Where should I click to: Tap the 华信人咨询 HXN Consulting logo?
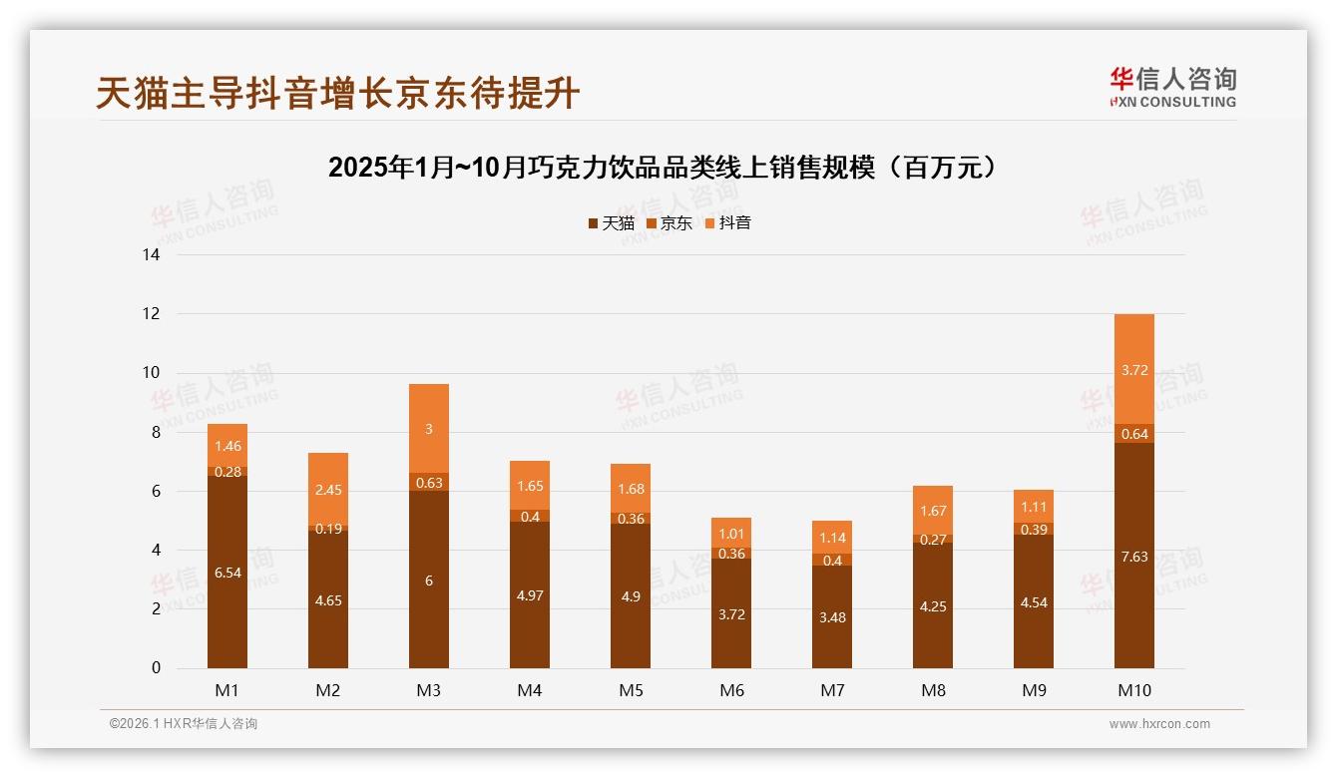[1172, 88]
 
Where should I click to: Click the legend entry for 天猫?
[611, 223]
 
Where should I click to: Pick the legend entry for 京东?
[668, 223]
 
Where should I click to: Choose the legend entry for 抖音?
[727, 223]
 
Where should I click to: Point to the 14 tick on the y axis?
[152, 255]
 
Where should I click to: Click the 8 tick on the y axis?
[156, 432]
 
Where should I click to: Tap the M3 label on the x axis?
[429, 690]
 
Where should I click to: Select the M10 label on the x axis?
[1134, 690]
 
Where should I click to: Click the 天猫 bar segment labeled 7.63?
[1134, 557]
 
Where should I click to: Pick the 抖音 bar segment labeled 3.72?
[1134, 370]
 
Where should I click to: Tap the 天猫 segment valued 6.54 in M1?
[227, 573]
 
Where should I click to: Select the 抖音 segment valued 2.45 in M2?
[328, 490]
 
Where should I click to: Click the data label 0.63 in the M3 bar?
[429, 483]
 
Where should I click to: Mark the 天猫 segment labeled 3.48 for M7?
[832, 617]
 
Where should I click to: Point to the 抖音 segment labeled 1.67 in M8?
[933, 511]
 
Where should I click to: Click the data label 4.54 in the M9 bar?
[1034, 602]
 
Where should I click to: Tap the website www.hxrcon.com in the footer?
[1159, 724]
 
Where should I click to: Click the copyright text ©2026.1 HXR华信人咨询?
[184, 724]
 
